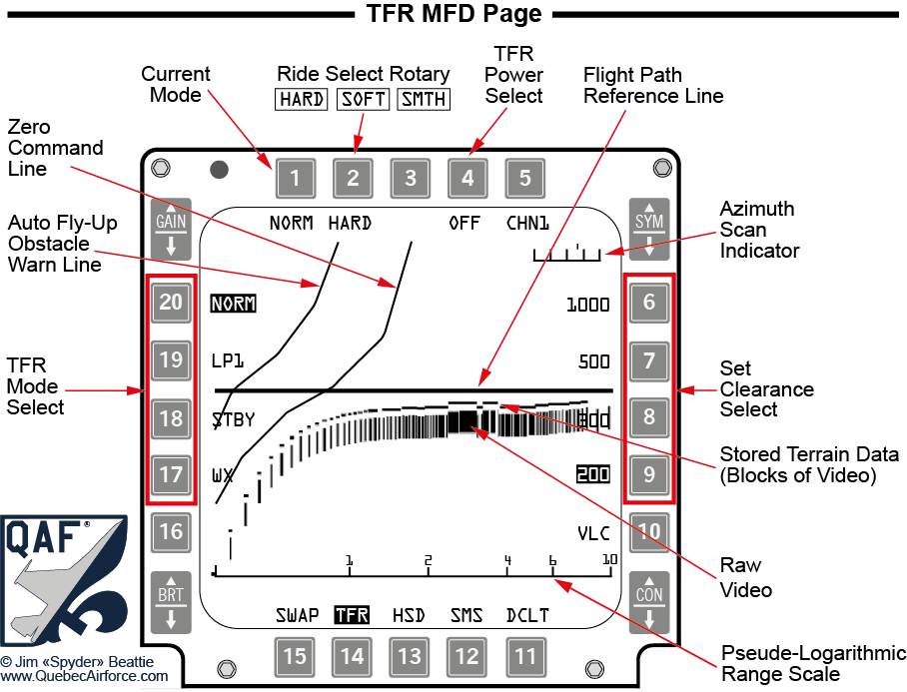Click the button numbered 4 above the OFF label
coord(467,180)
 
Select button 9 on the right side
coord(649,474)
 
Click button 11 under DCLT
coord(525,656)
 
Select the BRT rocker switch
coord(171,602)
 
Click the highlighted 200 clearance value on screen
coord(593,474)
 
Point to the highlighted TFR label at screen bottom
coord(352,615)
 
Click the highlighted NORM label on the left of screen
coord(233,303)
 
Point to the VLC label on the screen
coord(593,532)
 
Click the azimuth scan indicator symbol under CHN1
coord(566,254)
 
